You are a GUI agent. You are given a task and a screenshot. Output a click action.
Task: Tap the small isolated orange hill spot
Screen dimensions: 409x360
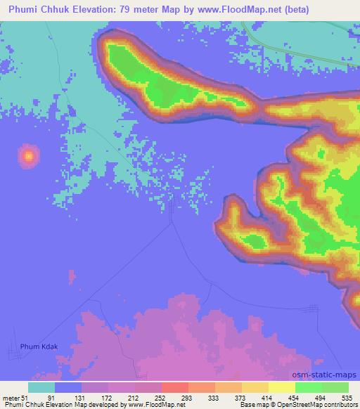(28, 155)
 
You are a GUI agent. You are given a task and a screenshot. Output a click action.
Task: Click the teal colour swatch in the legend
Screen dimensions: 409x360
(41, 387)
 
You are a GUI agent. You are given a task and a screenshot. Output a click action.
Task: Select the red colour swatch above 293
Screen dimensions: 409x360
(175, 387)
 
